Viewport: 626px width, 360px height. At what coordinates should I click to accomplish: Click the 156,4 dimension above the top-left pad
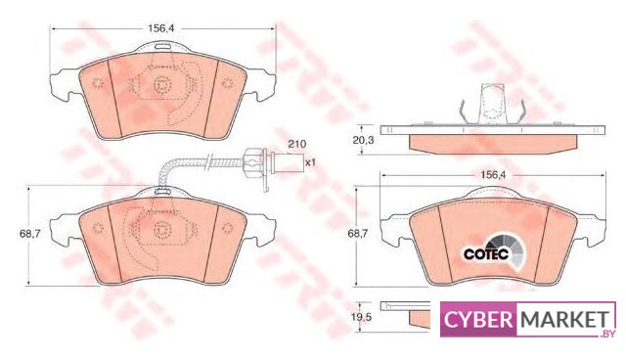(161, 28)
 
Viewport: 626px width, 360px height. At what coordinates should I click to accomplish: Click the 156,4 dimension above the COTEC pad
(493, 174)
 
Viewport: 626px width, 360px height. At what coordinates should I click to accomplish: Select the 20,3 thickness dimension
(363, 140)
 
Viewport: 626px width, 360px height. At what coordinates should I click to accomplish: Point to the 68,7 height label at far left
(30, 234)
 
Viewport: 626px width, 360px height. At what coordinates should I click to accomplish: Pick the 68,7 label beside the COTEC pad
(359, 234)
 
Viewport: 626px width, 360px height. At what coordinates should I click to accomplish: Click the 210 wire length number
(296, 144)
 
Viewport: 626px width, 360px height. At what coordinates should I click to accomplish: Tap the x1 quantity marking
(310, 162)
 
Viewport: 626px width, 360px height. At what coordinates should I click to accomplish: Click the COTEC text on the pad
(486, 253)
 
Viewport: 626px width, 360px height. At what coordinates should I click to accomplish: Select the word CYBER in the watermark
(478, 319)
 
